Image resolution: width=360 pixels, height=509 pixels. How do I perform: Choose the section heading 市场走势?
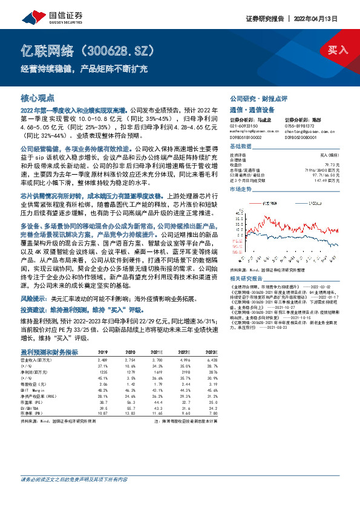[241, 189]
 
